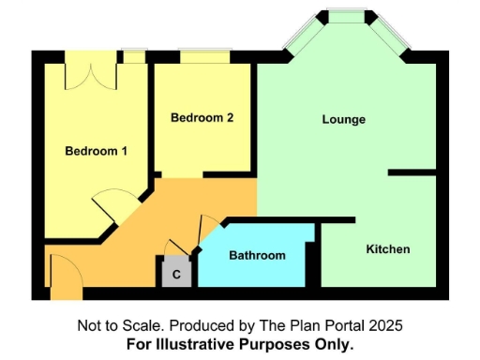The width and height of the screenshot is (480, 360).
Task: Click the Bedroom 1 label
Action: click(96, 151)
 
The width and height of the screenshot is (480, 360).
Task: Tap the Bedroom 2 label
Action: click(202, 118)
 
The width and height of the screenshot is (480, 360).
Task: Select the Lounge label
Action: click(343, 120)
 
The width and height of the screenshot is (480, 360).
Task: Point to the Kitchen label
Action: click(387, 249)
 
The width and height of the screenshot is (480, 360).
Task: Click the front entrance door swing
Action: click(64, 271)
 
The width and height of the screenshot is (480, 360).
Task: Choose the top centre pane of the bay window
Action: click(347, 16)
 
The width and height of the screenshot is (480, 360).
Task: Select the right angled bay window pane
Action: click(388, 34)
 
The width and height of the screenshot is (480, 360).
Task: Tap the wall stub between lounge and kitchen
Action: click(412, 172)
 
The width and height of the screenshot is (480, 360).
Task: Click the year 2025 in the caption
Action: click(386, 325)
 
